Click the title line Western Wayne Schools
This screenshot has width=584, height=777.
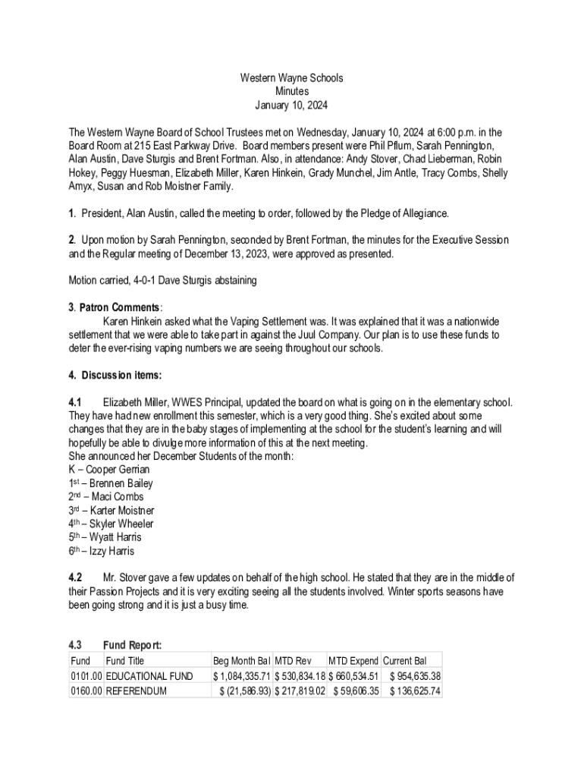[291, 77]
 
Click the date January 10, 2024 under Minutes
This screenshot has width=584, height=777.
[291, 105]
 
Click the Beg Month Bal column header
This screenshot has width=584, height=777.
[241, 661]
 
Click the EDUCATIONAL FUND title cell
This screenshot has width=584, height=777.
[149, 676]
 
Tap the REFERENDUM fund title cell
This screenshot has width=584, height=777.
[137, 691]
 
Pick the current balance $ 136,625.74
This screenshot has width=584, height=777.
[414, 691]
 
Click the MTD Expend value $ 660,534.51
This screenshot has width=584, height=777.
[353, 676]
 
